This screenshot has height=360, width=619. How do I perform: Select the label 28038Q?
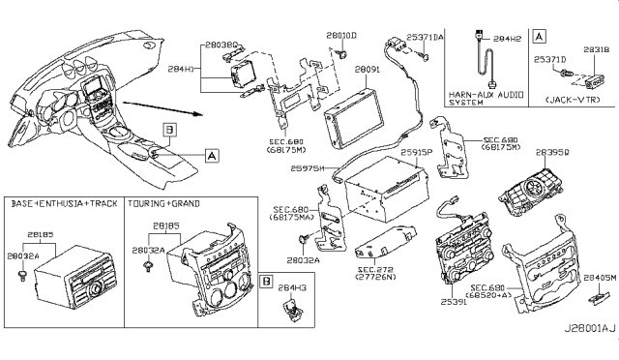(x=220, y=45)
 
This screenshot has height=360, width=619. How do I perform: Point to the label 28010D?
(x=341, y=36)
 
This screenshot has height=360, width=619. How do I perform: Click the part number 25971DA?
(x=426, y=36)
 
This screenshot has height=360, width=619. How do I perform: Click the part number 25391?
(x=455, y=303)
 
